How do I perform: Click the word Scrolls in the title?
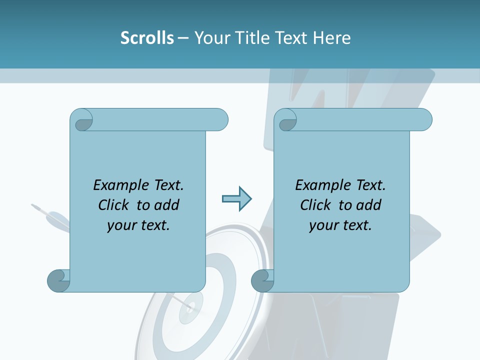coord(147,38)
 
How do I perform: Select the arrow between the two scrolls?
coord(236,199)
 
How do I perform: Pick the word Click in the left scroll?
coord(114,205)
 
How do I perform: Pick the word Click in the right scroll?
coord(316,205)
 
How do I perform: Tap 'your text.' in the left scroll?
coord(138,225)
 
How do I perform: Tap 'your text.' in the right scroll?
coord(340,225)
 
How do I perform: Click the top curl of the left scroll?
coord(81,120)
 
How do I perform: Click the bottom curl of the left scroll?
coord(58,280)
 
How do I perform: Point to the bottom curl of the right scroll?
coord(262,280)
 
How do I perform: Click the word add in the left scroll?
coord(167,205)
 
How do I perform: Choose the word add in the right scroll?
coord(369,205)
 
